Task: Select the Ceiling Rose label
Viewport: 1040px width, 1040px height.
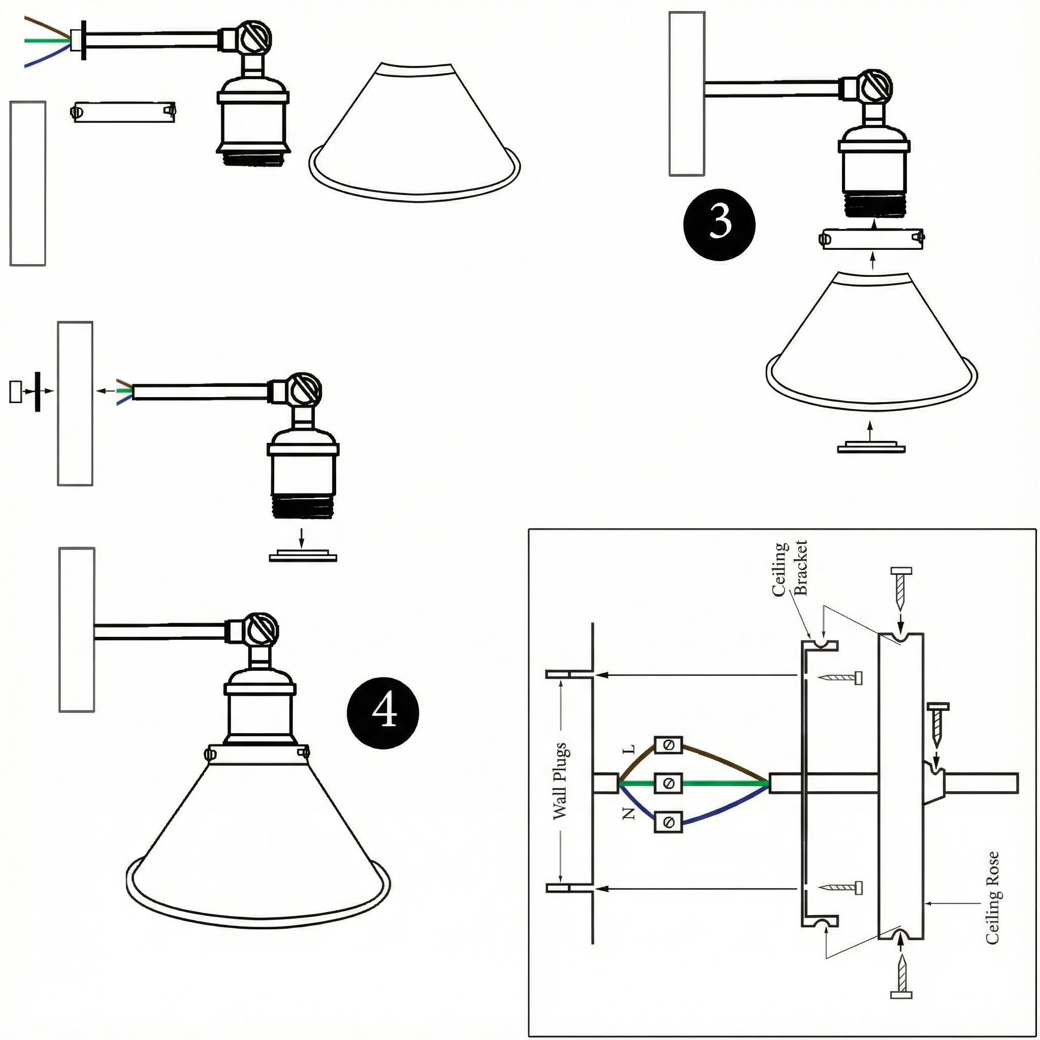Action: click(x=992, y=897)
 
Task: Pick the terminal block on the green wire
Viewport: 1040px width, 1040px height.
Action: click(x=668, y=783)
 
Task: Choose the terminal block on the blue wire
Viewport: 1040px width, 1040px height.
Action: click(x=668, y=822)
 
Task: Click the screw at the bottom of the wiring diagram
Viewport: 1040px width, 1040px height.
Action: click(x=902, y=978)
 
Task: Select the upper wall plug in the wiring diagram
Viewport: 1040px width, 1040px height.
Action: click(x=570, y=674)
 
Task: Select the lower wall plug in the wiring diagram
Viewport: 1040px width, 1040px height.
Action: click(x=570, y=888)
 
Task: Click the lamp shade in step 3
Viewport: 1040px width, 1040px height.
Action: click(x=871, y=344)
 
